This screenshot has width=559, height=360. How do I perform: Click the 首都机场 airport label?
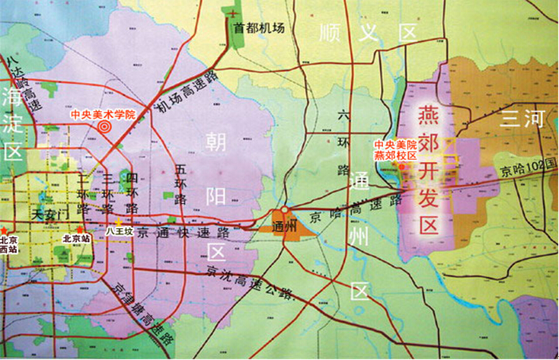259,28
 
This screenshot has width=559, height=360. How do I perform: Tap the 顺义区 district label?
369,33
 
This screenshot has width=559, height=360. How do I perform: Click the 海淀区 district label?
12,122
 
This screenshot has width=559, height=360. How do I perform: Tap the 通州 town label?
283,225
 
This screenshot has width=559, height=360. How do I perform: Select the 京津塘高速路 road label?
141,312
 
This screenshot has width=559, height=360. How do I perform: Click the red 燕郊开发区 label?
430,171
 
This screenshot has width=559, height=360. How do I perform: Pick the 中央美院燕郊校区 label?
395,149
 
